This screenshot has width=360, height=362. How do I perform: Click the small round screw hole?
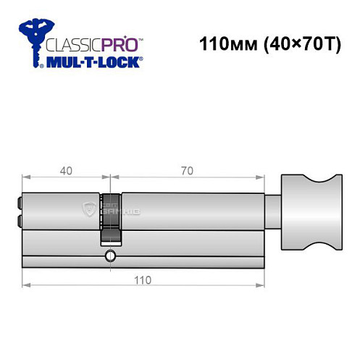(109, 255)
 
